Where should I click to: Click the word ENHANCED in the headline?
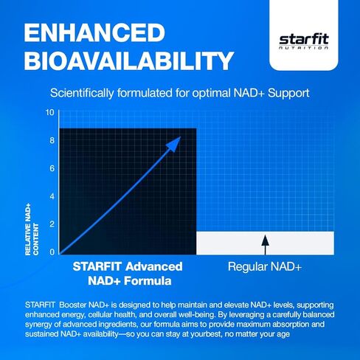(x=94, y=32)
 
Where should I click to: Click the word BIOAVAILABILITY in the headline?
(x=128, y=60)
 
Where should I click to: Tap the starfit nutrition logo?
(x=304, y=42)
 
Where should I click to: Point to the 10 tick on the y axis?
(x=49, y=112)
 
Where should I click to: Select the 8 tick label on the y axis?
(x=52, y=140)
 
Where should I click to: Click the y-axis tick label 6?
(x=52, y=168)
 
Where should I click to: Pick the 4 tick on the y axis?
(x=52, y=196)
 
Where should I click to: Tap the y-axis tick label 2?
(x=52, y=224)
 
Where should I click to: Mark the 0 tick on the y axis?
(x=52, y=252)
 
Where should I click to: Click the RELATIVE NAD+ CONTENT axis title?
(x=32, y=229)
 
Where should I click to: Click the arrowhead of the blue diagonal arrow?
(x=174, y=144)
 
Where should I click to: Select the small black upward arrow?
(x=265, y=245)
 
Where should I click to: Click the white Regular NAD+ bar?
(x=265, y=243)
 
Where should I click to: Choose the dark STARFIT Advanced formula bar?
(x=128, y=191)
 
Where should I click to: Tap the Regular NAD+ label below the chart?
(x=265, y=266)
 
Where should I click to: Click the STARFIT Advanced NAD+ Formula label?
(x=128, y=274)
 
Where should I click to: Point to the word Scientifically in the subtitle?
(x=82, y=94)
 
